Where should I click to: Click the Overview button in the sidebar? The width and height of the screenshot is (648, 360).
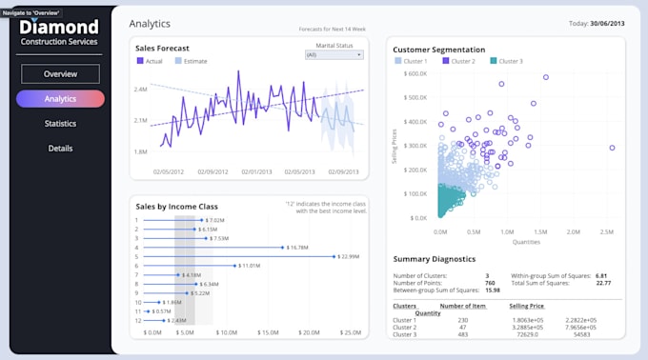(60, 74)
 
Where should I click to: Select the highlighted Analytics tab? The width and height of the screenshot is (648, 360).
(60, 99)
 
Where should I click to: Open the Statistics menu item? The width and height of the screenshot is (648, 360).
(60, 124)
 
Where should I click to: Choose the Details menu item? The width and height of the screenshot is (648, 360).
(60, 149)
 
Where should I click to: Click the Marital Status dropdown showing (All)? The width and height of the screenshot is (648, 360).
(334, 55)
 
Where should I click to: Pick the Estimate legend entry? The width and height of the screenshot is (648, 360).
(191, 61)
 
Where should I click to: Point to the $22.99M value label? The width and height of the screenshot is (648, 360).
(347, 256)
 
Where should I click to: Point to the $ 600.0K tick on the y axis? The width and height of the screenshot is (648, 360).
(415, 72)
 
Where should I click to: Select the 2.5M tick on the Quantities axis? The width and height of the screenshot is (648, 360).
(606, 230)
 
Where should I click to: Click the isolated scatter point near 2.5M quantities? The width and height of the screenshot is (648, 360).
(612, 148)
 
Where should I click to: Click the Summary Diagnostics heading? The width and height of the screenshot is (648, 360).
(435, 259)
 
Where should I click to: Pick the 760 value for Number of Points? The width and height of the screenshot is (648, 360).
(490, 283)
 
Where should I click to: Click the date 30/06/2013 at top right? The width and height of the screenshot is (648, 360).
(607, 23)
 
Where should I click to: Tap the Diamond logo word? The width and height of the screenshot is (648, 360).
(59, 27)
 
